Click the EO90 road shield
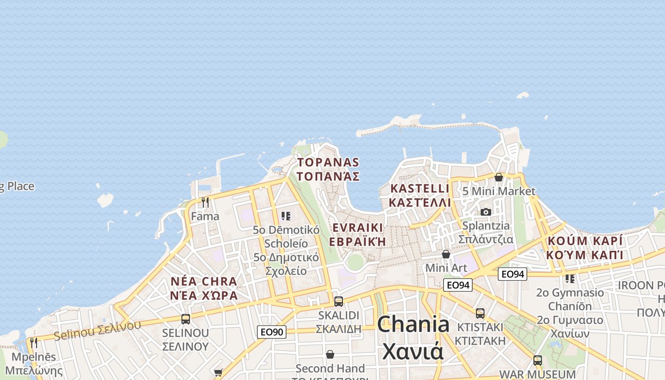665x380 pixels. pos(272,332)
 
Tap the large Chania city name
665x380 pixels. pos(413,337)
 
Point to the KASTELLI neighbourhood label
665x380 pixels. pos(419,195)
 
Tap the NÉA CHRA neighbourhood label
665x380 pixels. pos(204,288)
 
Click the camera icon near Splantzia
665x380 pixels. pos(485,212)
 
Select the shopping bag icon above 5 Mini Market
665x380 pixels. pos(499,177)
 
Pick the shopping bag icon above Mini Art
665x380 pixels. pos(446,254)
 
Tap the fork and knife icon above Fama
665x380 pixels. pos(205,202)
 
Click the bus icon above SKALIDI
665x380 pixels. pos(338,301)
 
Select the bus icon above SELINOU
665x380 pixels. pos(185,319)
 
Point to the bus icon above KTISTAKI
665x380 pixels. pos(480,313)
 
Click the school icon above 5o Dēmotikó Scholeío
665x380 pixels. pos(285,216)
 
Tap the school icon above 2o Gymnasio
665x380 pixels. pos(570,278)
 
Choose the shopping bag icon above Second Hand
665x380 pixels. pos(330,354)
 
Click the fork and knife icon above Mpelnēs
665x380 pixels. pos(33,342)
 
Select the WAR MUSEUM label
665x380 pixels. pos(537,374)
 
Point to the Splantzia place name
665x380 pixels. pos(485,232)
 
